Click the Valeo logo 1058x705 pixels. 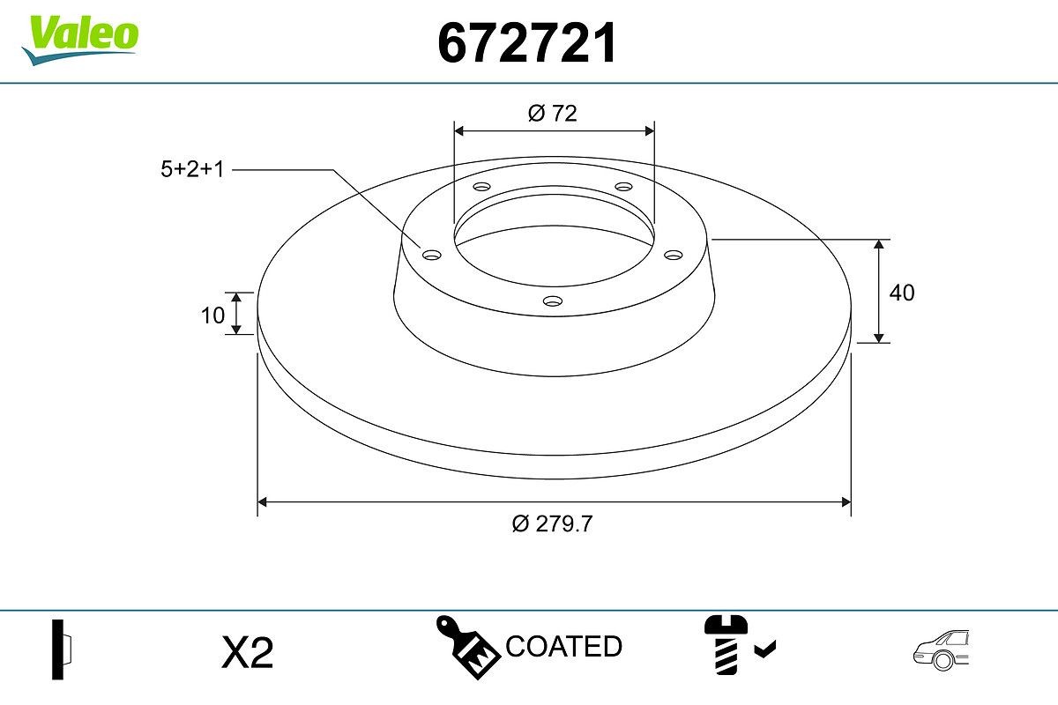(79, 37)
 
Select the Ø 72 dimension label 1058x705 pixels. (553, 113)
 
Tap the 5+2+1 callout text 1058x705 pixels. (192, 169)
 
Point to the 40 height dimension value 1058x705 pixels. (902, 293)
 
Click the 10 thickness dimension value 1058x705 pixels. (212, 315)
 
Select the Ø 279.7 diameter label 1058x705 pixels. (553, 523)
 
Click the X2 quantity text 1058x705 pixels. (248, 653)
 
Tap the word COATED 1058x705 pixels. (563, 646)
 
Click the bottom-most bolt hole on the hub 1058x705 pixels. (553, 301)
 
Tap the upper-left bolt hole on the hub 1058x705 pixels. (481, 187)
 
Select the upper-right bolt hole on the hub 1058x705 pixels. (624, 187)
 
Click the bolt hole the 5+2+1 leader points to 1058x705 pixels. (431, 255)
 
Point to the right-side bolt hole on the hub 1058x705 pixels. (674, 255)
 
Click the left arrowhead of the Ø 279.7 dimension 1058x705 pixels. (262, 502)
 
